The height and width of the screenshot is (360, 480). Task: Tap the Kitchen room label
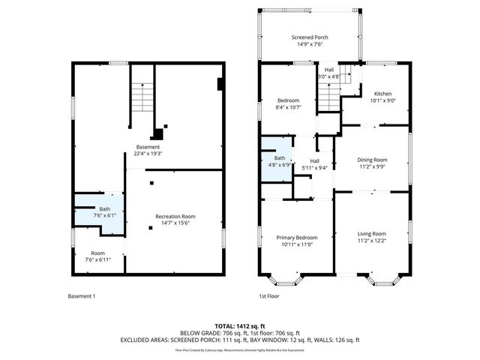(x=383, y=97)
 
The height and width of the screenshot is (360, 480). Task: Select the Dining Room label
(x=372, y=163)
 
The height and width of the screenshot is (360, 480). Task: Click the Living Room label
(x=372, y=237)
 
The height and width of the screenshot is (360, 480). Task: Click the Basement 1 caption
(x=82, y=297)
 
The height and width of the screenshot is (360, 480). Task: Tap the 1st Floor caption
(x=270, y=297)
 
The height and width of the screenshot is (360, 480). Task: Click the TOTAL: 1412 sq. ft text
(x=241, y=326)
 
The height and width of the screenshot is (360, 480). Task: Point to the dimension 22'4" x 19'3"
(x=148, y=154)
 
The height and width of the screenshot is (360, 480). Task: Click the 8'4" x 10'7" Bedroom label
(x=289, y=103)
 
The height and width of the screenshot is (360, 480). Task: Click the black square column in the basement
(x=157, y=135)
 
